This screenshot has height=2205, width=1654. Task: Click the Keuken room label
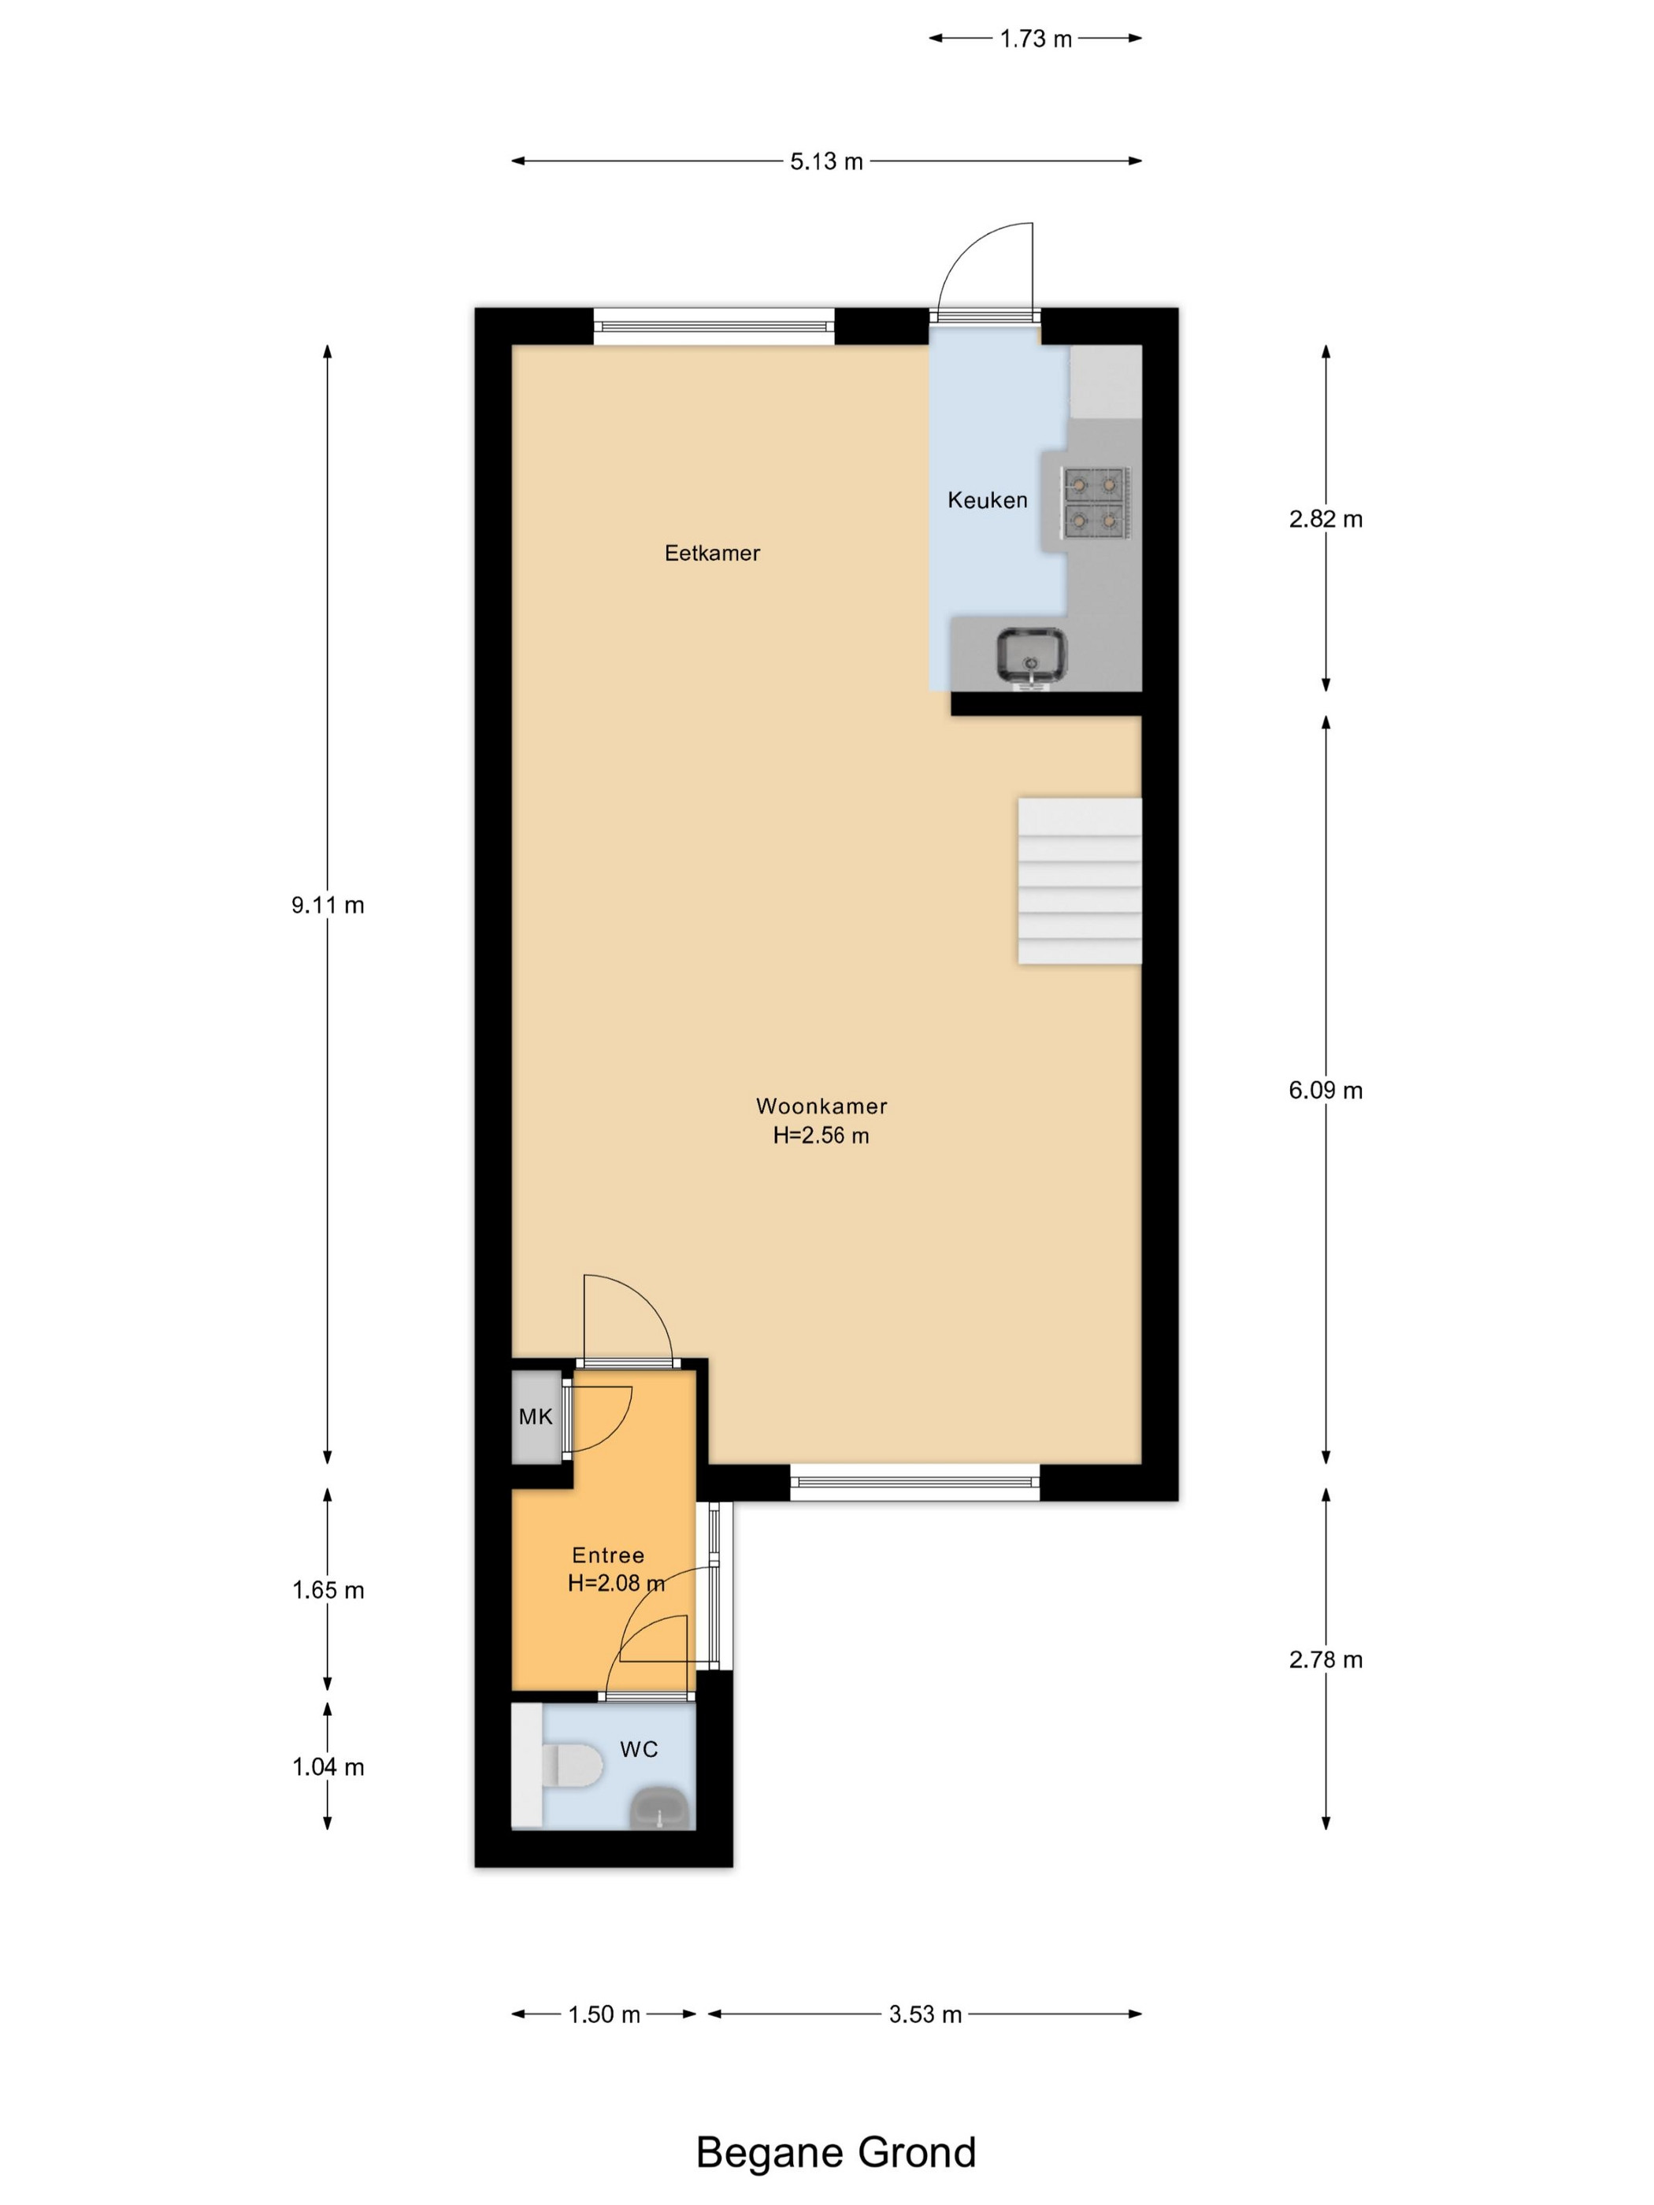click(987, 500)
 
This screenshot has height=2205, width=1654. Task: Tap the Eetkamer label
click(712, 554)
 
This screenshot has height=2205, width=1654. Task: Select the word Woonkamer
click(821, 1106)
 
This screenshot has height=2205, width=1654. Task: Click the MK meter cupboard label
click(536, 1417)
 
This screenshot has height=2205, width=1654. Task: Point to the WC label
click(639, 1750)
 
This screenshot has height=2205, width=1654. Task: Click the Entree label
click(608, 1555)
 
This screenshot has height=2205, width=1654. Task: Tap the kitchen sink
click(1032, 656)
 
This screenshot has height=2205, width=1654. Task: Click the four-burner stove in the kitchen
click(1096, 502)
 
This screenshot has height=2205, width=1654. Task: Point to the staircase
click(1079, 880)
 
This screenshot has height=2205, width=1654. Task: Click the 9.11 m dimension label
click(328, 905)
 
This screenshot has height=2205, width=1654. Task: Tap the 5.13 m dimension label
click(826, 161)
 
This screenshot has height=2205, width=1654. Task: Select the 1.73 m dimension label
click(1036, 39)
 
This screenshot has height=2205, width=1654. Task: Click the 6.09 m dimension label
click(1325, 1090)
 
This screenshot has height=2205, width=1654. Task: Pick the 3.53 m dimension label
click(925, 2014)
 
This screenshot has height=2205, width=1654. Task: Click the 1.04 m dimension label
click(328, 1767)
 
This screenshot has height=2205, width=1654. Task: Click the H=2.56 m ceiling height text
click(821, 1136)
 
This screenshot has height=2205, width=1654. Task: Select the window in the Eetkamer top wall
click(714, 326)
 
